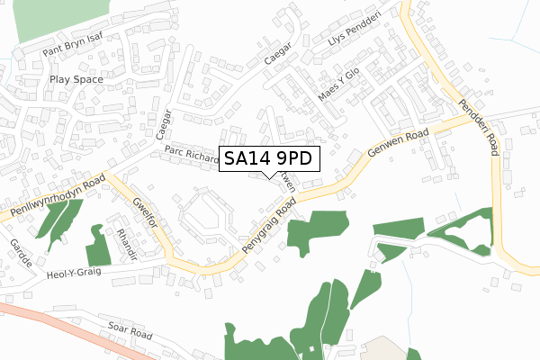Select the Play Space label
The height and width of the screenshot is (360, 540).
coord(76,79)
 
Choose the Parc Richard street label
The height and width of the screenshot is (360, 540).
coord(192,157)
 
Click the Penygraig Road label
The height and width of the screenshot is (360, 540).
coord(269,223)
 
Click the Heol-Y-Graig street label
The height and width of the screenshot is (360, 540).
coord(78,271)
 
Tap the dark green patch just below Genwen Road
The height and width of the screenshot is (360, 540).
coord(316,231)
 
